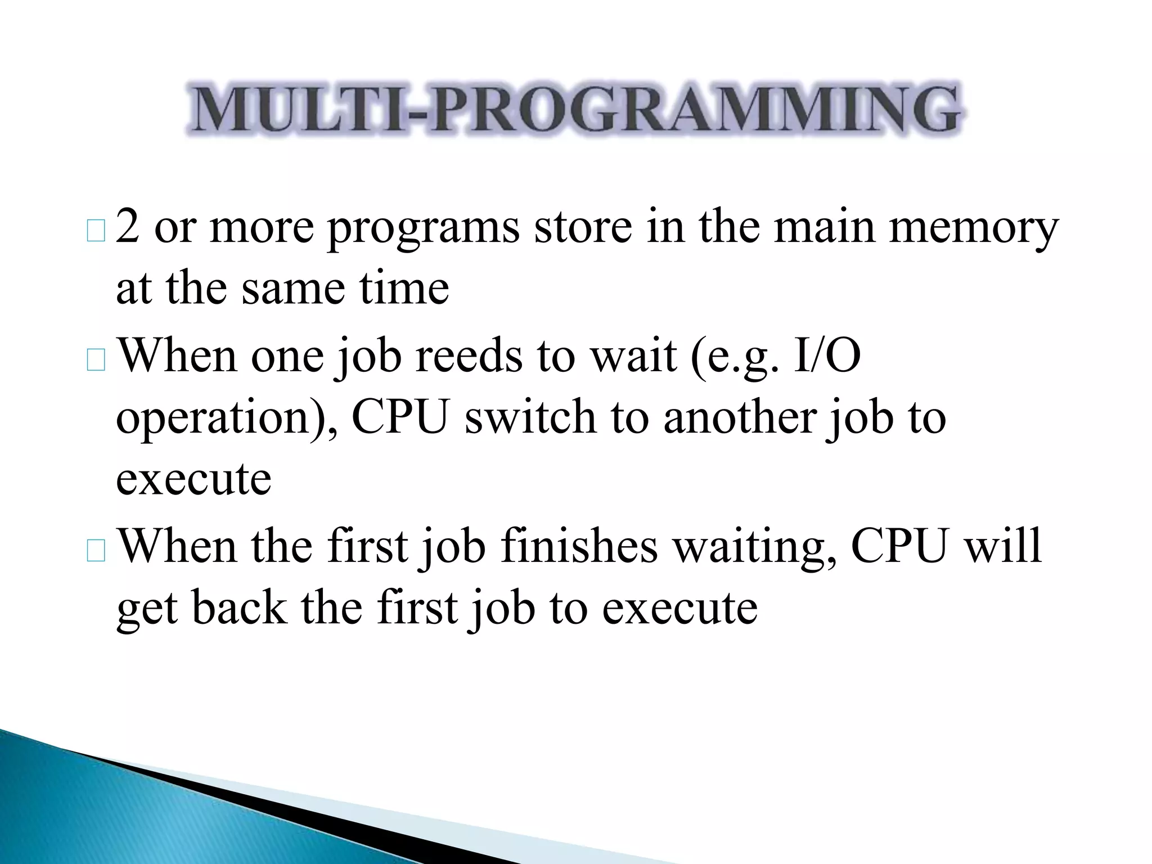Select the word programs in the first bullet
click(x=423, y=228)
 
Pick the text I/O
click(x=827, y=357)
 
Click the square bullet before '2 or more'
click(x=96, y=232)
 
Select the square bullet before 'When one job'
click(x=96, y=360)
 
